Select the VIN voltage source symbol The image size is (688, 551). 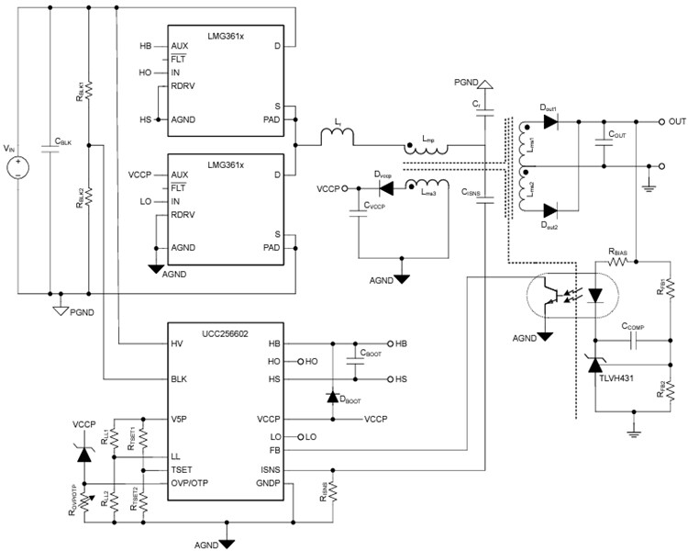click(17, 167)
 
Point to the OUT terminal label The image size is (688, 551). click(678, 121)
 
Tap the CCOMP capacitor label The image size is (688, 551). click(635, 326)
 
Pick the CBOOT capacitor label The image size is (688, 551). click(371, 352)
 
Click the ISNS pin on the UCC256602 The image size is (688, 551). click(270, 470)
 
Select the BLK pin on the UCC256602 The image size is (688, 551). click(179, 378)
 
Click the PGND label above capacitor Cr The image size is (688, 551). click(467, 82)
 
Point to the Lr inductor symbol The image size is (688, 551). click(338, 139)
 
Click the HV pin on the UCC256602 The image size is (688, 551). click(176, 343)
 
